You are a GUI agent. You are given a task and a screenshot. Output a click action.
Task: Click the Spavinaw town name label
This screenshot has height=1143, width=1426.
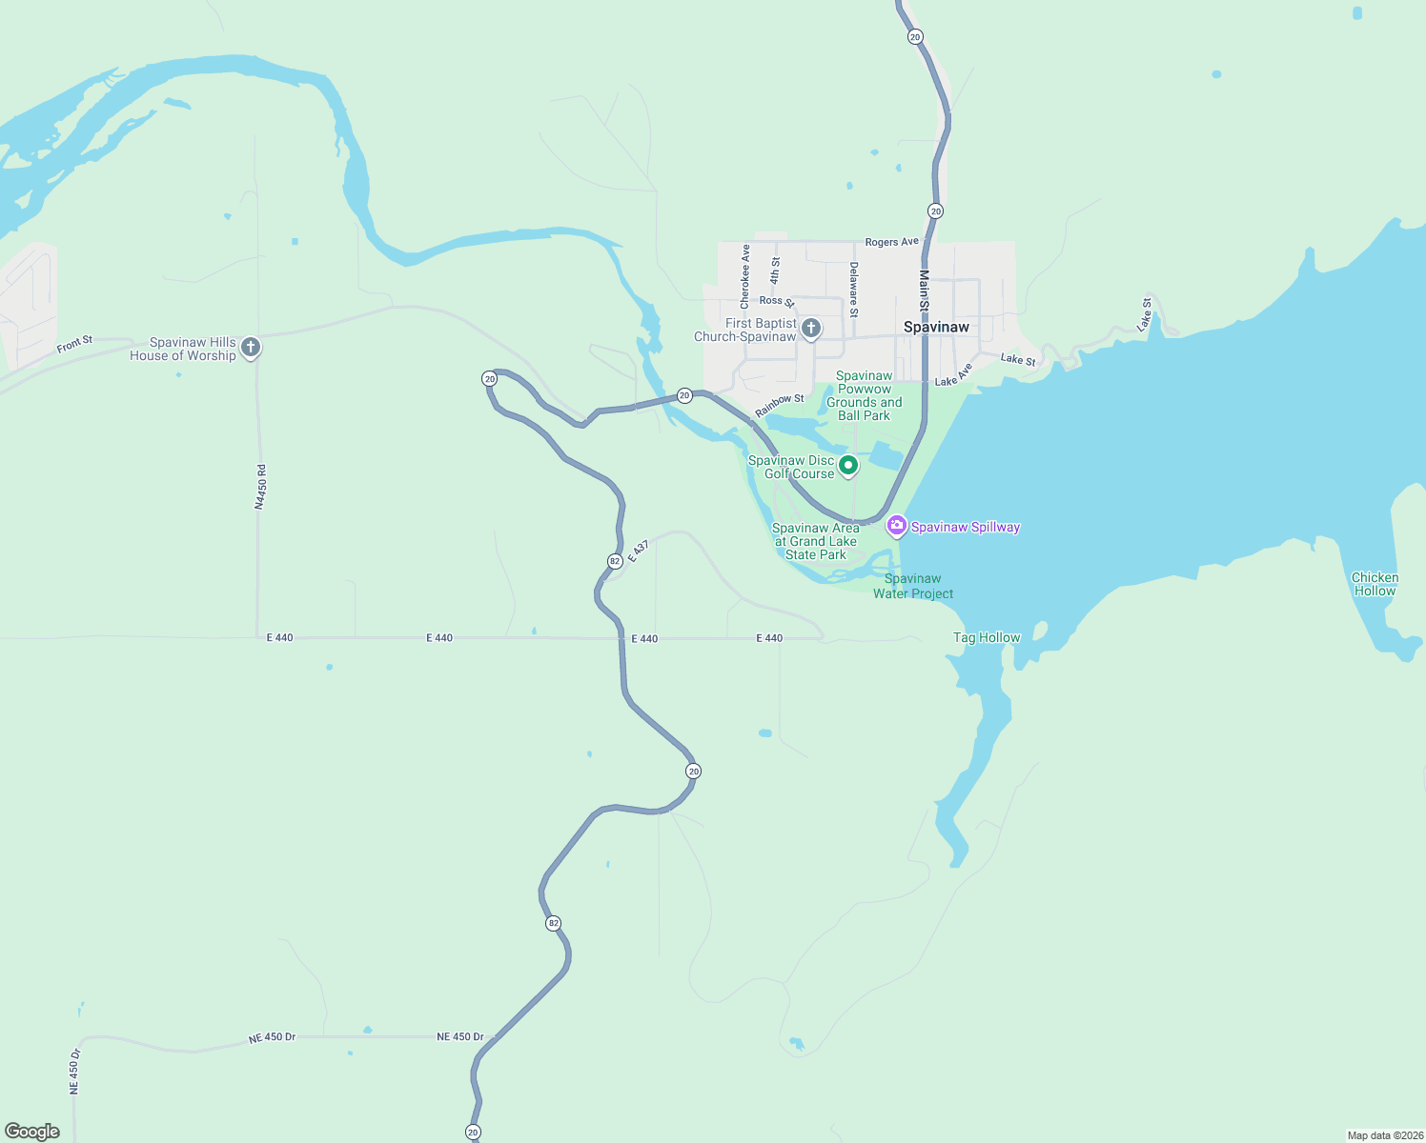[x=936, y=327]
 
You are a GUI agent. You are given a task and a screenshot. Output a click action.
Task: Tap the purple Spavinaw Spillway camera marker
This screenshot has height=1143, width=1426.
[x=896, y=526]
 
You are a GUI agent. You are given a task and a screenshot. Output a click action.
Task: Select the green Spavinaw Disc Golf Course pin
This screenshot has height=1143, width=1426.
[x=847, y=466]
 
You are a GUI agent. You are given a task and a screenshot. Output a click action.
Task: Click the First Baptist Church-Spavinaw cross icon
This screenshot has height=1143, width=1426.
[x=811, y=330]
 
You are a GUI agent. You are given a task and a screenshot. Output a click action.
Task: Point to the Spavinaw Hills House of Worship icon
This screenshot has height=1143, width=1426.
[x=251, y=348]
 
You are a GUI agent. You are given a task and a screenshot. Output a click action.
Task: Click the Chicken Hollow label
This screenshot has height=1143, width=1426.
[x=1375, y=584]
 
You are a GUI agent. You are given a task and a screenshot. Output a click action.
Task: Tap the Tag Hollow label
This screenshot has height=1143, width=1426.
[x=987, y=637]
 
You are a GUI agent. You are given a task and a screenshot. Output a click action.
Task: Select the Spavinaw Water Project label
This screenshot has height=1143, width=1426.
[x=913, y=586]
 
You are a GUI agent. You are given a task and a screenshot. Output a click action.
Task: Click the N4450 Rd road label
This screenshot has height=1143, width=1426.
[x=260, y=487]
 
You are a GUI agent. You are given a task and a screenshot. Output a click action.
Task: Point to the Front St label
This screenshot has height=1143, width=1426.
[x=74, y=344]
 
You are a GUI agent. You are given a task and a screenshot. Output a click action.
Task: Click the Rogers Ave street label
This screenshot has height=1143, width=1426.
[x=891, y=242]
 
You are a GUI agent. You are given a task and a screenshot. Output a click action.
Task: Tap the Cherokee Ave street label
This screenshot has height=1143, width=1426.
[x=745, y=276]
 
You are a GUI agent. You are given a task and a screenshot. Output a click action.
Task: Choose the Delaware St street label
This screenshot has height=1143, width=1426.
[x=854, y=290]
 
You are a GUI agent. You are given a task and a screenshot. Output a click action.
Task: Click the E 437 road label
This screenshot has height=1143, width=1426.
[x=639, y=552]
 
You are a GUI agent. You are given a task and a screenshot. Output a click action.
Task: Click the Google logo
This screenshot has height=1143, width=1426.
[x=32, y=1132]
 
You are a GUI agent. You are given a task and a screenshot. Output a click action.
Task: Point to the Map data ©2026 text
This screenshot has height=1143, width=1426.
[x=1384, y=1135]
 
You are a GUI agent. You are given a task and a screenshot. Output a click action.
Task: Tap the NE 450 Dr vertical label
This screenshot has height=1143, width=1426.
[x=74, y=1071]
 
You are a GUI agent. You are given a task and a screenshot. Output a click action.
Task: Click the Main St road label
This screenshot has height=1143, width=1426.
[x=924, y=291]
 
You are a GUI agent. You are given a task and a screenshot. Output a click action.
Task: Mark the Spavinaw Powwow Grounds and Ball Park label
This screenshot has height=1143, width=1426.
[x=864, y=395]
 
